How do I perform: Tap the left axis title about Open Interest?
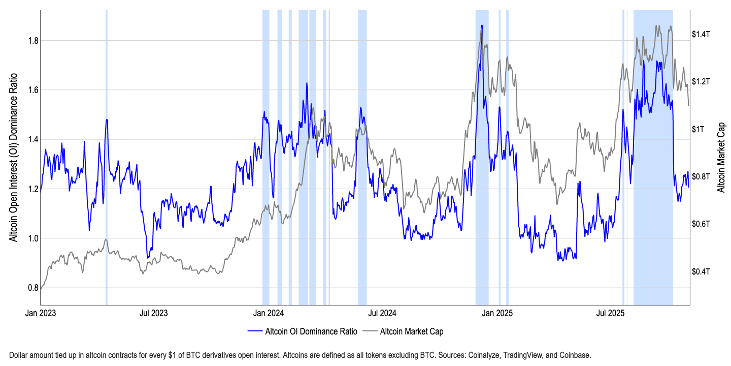[x=14, y=157]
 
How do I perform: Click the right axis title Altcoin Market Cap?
[x=721, y=158]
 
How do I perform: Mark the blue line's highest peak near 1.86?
[x=481, y=25]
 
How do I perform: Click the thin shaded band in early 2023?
[x=107, y=152]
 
